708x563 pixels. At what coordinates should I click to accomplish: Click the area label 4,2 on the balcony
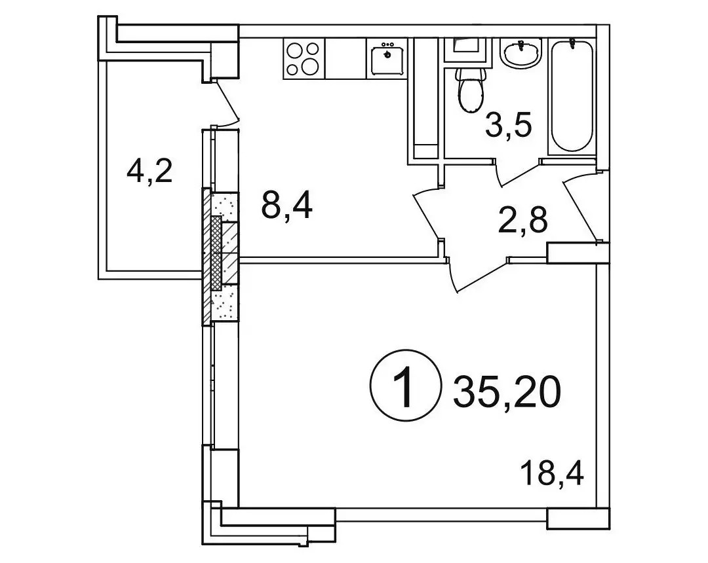tap(149, 172)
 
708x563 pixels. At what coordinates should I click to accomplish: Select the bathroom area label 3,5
tap(508, 126)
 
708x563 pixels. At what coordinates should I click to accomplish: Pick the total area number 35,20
tap(507, 391)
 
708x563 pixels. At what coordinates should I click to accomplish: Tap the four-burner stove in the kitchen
tap(304, 59)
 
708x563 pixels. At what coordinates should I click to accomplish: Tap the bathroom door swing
tap(519, 172)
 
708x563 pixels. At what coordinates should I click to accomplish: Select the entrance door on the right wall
tap(583, 208)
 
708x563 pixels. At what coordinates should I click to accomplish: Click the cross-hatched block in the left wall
tap(217, 253)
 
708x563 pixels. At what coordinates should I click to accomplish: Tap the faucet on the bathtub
tap(572, 44)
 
